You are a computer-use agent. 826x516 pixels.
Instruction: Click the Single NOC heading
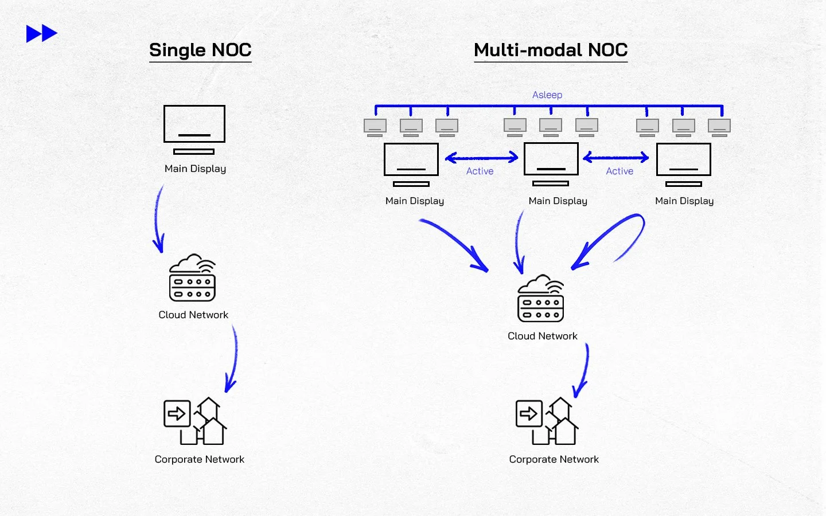pos(200,50)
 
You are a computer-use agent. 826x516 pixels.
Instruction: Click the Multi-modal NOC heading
pos(551,50)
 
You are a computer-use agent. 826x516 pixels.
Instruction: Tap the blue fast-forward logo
pos(42,34)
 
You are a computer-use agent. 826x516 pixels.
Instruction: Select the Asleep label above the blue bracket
pos(547,95)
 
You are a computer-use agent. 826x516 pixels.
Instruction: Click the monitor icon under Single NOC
pos(194,129)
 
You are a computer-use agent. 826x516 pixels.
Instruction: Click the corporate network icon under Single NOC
pos(195,421)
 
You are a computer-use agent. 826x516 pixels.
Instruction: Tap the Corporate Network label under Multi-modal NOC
pos(554,459)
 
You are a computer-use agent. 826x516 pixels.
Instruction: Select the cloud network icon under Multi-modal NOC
pos(540,299)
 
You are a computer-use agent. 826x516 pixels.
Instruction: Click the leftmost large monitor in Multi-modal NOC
pos(411,164)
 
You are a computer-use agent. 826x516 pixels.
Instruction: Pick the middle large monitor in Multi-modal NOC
pos(551,164)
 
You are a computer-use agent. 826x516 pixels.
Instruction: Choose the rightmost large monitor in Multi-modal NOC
pos(684,164)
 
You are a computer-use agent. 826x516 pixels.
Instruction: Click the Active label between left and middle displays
pos(480,171)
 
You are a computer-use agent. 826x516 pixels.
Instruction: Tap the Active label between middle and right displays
pos(619,171)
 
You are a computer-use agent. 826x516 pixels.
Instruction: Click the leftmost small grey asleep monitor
pos(375,127)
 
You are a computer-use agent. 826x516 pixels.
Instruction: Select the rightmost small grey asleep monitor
pos(719,127)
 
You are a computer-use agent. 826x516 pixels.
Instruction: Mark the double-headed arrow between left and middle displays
pos(482,157)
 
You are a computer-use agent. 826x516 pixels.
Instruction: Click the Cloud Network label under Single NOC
pos(193,315)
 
